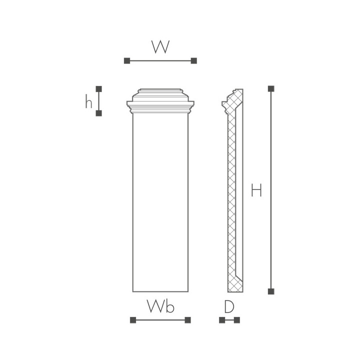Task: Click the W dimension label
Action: [160, 47]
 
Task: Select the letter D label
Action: [229, 306]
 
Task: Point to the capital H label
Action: [256, 190]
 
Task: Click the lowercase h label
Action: [88, 102]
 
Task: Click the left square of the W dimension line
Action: [126, 60]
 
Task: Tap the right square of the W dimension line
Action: [194, 60]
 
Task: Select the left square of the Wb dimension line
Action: [132, 319]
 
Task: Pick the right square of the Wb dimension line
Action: [188, 319]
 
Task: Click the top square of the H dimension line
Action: [271, 88]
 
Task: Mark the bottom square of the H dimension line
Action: [271, 291]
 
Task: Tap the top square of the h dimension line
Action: [98, 88]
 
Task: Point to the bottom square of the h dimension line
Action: [98, 113]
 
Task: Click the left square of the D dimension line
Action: [221, 319]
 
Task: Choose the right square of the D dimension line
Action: [237, 319]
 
